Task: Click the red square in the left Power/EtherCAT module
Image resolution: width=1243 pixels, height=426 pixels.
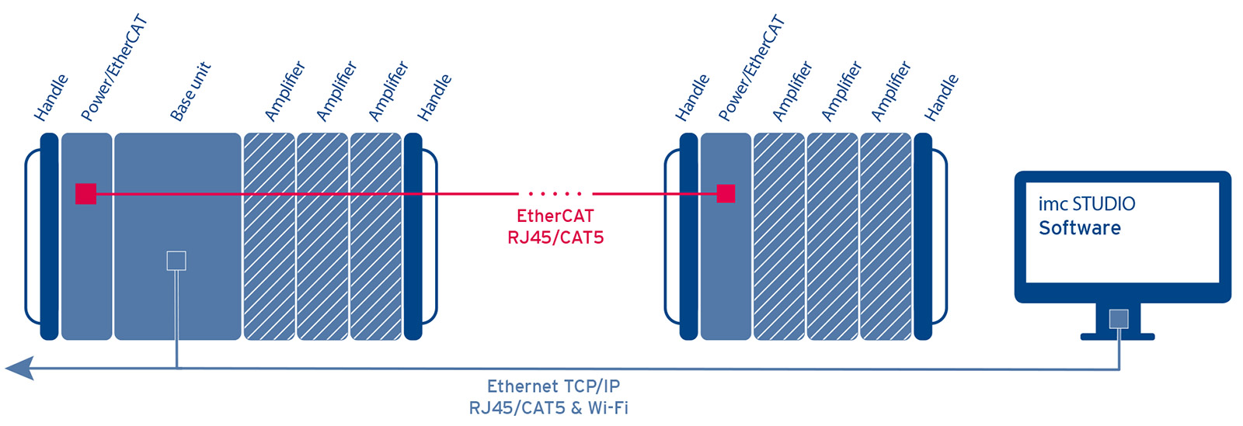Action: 85,194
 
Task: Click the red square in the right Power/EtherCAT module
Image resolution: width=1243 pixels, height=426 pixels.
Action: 726,193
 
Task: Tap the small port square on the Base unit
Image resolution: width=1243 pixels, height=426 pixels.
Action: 176,261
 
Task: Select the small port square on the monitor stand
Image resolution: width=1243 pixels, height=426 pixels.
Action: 1119,318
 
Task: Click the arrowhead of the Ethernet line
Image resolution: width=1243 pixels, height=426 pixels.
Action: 20,368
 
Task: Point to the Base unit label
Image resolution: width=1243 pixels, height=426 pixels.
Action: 190,92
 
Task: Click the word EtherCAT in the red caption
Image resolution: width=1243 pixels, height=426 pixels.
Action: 555,216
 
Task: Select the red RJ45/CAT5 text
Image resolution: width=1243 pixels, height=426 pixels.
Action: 555,238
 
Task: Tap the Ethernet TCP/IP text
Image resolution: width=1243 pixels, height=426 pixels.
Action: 553,386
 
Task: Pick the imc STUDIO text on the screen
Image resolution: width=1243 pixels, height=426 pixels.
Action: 1086,204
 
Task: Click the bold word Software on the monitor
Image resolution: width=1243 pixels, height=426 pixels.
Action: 1079,228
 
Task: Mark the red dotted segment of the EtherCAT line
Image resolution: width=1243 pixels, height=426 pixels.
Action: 555,193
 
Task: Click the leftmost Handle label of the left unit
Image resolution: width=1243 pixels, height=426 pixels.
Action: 51,98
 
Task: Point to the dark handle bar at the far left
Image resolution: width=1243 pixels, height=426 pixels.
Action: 49,237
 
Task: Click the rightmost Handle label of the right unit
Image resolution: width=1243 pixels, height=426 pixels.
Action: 941,98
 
